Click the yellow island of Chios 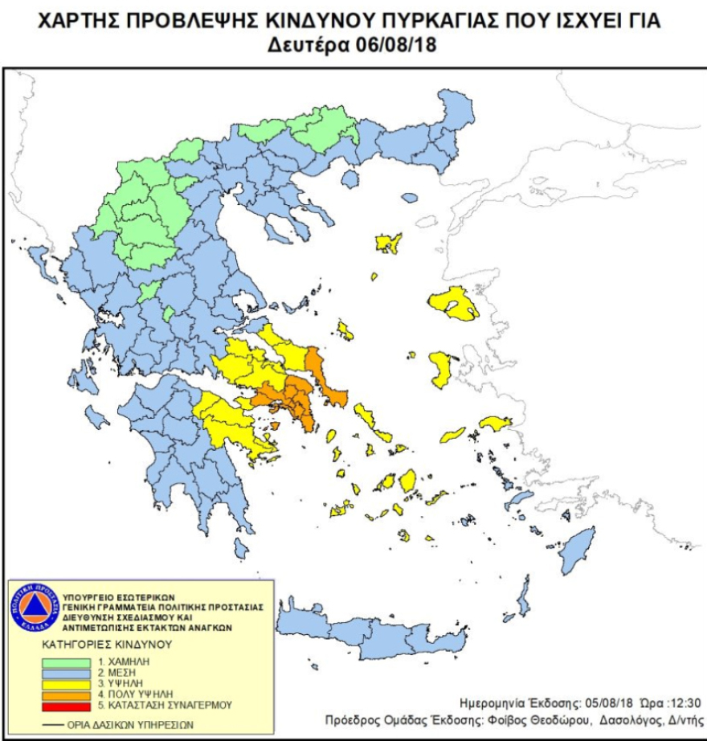[x=440, y=369]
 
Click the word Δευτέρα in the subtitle [x=309, y=46]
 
